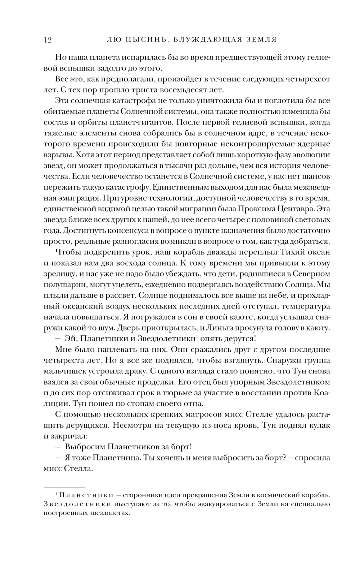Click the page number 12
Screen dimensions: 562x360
[48, 40]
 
